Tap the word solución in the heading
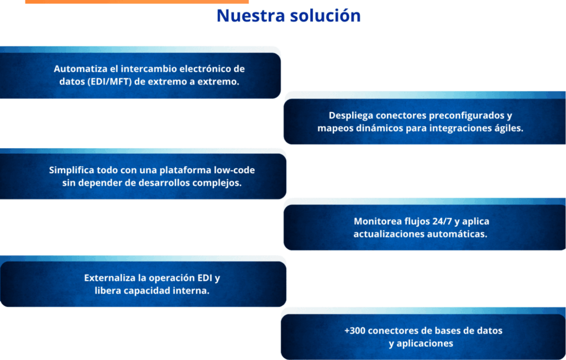pyautogui.click(x=326, y=15)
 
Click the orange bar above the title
pyautogui.click(x=137, y=2)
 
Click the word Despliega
pyautogui.click(x=351, y=116)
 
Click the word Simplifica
pyautogui.click(x=71, y=170)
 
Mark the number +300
pyautogui.click(x=355, y=331)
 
